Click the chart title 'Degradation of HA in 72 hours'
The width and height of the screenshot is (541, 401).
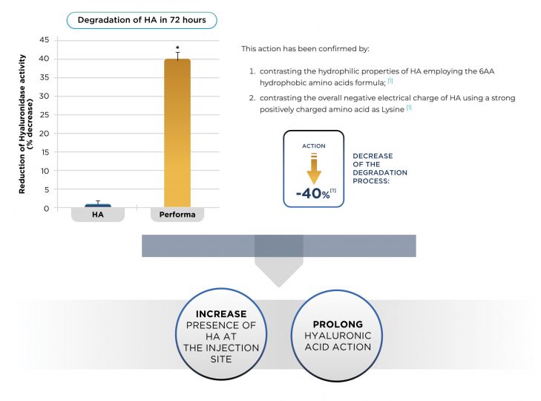[142, 20]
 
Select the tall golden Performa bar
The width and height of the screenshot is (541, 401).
[177, 133]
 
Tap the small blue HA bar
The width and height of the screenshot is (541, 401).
[98, 206]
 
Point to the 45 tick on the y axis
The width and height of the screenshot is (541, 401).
[45, 40]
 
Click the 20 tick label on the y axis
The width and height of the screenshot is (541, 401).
[45, 134]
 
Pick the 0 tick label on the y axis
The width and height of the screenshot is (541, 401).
[46, 208]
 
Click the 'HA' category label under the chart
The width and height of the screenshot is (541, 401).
[98, 215]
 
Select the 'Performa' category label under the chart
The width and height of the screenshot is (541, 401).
[177, 215]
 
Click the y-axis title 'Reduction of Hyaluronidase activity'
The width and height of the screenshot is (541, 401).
[22, 124]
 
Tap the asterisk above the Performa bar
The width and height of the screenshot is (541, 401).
[177, 48]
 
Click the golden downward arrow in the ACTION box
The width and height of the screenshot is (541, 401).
[314, 169]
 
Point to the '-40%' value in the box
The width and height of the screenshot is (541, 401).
[313, 193]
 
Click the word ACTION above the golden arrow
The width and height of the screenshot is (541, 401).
[314, 146]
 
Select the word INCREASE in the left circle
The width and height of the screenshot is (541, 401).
[221, 314]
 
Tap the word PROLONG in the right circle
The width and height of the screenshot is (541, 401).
[338, 325]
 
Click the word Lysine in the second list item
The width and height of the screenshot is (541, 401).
[393, 110]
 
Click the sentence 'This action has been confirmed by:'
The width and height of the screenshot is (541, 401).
[305, 49]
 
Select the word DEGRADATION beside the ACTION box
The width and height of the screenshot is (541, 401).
[380, 173]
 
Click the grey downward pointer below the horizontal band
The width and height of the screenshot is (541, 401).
[279, 273]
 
